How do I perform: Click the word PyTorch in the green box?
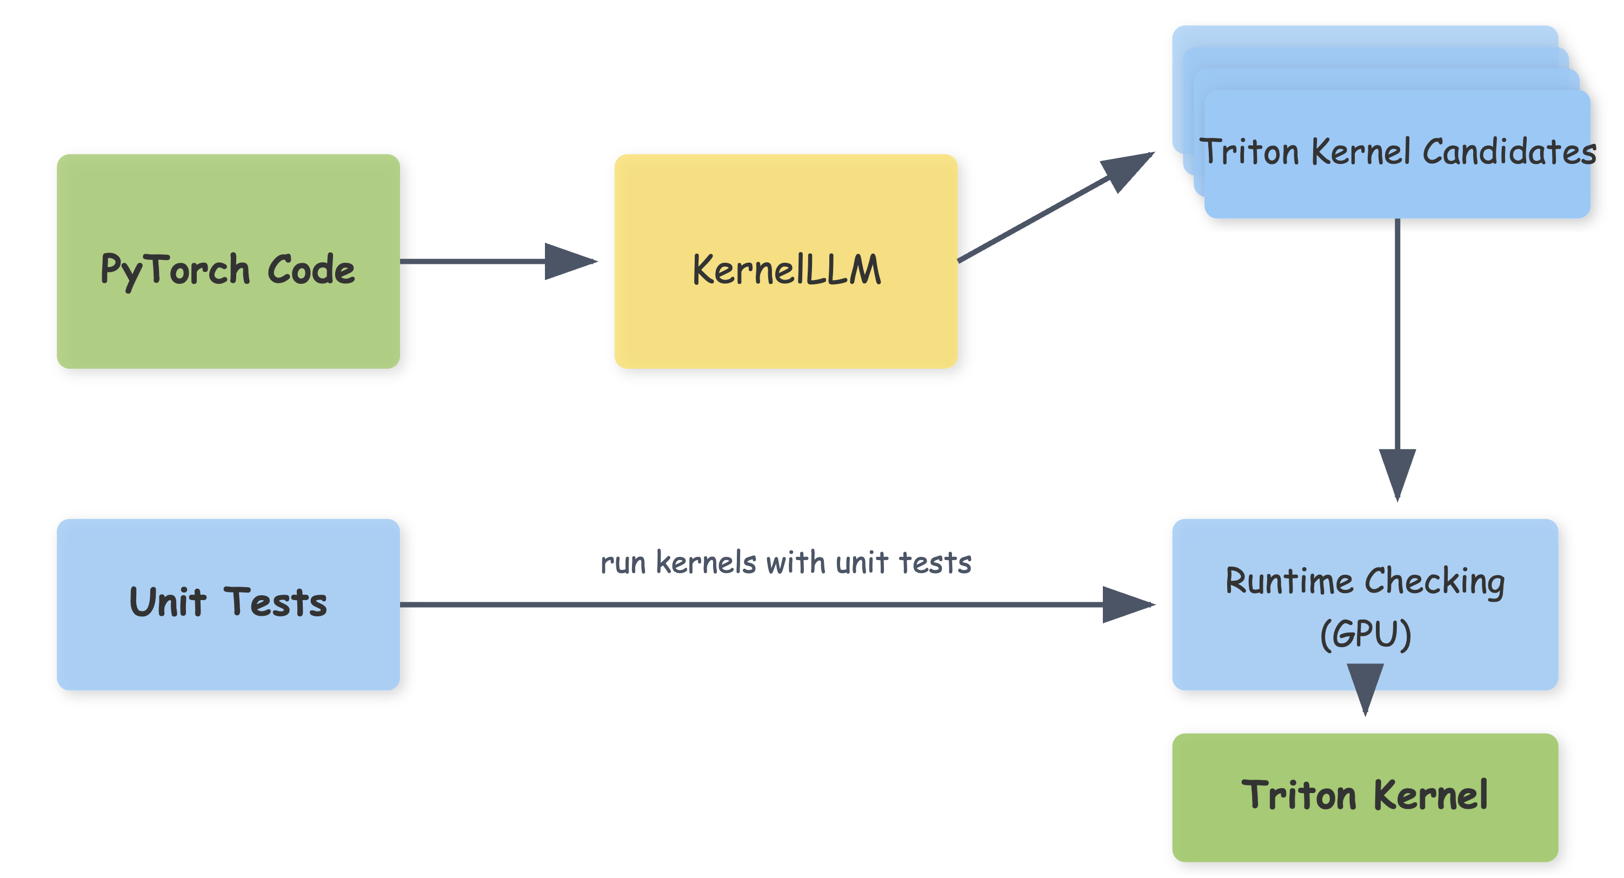(x=175, y=270)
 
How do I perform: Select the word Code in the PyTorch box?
(x=311, y=270)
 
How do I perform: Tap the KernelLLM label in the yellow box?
(x=786, y=270)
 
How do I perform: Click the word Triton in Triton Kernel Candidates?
(x=1248, y=152)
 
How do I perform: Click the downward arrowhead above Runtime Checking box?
(x=1397, y=473)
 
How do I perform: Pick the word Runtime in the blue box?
(x=1289, y=581)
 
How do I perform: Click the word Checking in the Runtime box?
(x=1435, y=582)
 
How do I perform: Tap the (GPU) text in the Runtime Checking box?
(x=1365, y=634)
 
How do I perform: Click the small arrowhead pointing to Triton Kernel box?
(x=1365, y=687)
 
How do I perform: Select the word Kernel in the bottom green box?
(x=1430, y=795)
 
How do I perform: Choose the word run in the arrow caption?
(x=622, y=563)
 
